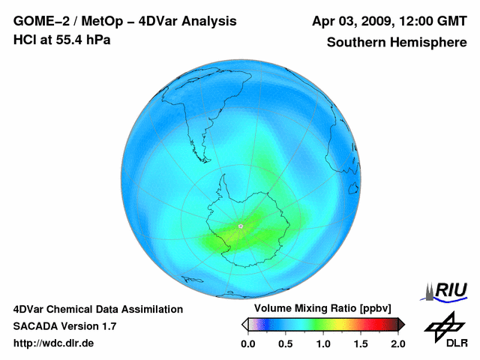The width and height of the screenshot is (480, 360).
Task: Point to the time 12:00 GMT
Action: [430, 22]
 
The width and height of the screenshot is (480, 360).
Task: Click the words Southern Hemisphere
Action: [396, 43]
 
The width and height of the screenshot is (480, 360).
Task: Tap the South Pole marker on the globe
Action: [239, 226]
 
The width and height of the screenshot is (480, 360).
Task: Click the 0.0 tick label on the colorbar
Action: [247, 343]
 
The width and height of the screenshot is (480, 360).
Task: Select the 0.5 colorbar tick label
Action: [285, 343]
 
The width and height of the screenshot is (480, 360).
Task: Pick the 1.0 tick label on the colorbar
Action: [322, 343]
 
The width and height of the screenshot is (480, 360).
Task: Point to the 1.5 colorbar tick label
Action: [360, 343]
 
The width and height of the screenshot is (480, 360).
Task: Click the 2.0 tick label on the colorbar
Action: [397, 343]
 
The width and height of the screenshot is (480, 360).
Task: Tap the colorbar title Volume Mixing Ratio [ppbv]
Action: [319, 308]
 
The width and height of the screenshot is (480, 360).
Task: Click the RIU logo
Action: [448, 290]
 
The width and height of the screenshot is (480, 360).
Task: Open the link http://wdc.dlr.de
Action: [53, 343]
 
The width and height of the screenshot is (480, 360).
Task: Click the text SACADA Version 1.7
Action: [64, 326]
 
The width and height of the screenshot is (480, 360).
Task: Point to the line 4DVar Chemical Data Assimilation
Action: [97, 309]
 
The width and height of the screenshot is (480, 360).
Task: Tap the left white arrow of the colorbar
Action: [245, 324]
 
